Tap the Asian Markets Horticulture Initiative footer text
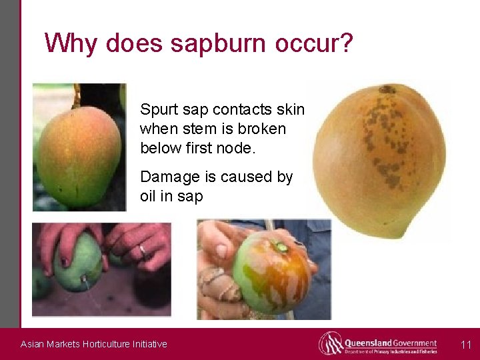[x=94, y=344]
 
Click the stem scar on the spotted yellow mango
[x=387, y=89]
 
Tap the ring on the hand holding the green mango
[x=141, y=251]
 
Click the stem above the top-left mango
[x=77, y=97]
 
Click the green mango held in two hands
[x=79, y=263]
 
